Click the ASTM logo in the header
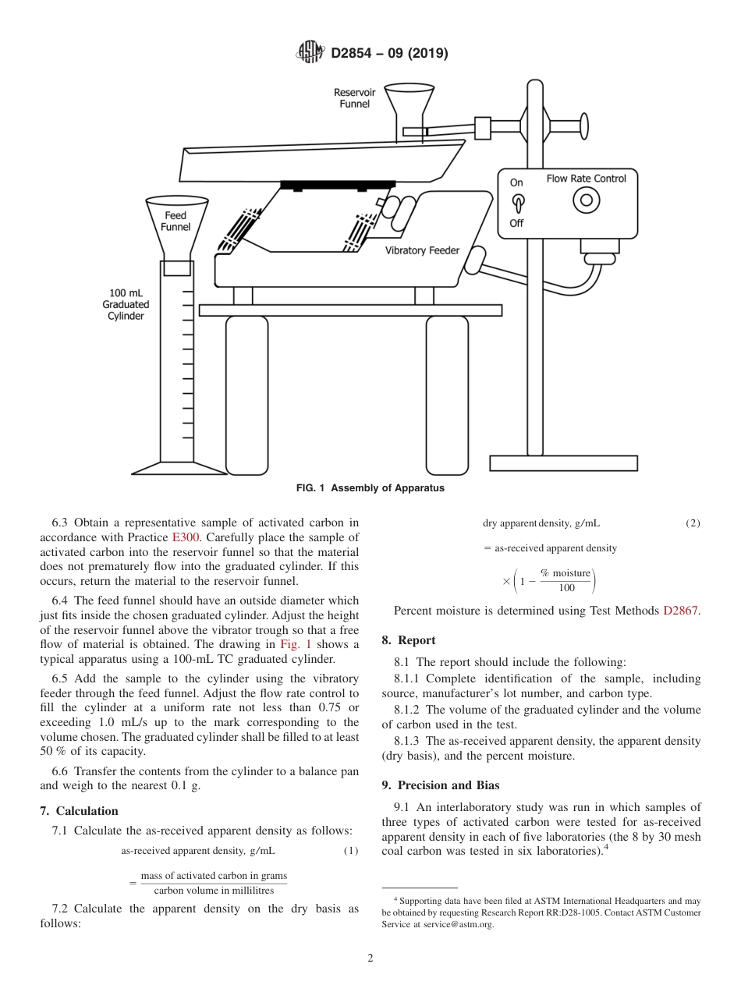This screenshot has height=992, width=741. click(x=310, y=53)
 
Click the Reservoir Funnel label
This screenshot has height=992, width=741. click(x=354, y=98)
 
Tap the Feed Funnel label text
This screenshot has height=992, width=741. click(x=175, y=221)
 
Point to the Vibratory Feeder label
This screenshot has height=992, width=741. click(x=422, y=250)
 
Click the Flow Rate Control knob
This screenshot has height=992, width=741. click(x=586, y=200)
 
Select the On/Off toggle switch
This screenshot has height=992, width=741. click(x=516, y=202)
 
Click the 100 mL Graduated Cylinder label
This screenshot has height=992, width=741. click(x=126, y=304)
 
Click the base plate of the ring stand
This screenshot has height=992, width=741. click(x=562, y=463)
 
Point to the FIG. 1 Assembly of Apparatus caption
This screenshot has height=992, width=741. click(x=370, y=488)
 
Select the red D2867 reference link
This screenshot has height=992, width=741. click(x=681, y=611)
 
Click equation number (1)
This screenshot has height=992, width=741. click(x=351, y=850)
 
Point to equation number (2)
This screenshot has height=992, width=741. click(x=693, y=523)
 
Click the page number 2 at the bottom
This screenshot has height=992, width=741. click(x=370, y=958)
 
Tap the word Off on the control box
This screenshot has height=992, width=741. click(x=516, y=223)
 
